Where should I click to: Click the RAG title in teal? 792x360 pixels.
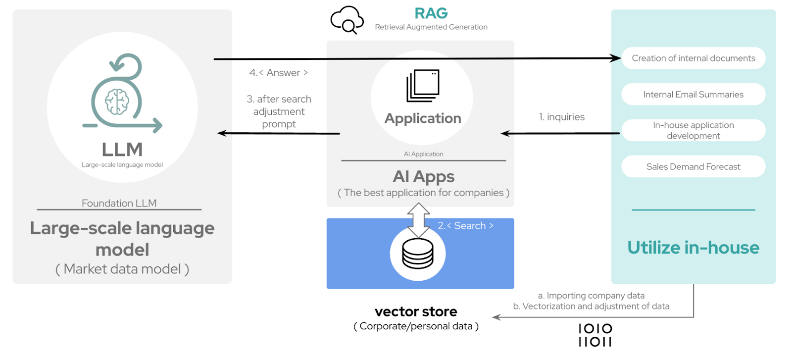431,13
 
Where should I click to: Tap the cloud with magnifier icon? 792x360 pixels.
346,20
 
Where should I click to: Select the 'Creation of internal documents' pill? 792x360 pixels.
693,58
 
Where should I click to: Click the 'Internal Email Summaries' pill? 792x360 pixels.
693,95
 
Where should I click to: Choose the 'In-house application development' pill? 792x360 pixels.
693,130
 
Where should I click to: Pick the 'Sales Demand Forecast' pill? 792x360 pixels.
693,167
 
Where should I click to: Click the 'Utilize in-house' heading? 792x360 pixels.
693,248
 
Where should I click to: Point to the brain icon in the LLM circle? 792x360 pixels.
117,102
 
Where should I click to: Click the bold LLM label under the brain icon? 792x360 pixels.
122,150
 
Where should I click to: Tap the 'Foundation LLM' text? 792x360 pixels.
119,203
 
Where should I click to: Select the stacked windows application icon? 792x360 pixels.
423,86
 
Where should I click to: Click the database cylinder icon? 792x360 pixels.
418,254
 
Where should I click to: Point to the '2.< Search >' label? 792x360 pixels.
465,226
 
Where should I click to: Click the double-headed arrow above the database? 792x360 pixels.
418,219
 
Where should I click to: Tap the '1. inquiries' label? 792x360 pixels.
561,117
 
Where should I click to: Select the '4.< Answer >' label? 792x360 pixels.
278,73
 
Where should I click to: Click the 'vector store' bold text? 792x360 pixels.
416,311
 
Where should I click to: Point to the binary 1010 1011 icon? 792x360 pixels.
595,335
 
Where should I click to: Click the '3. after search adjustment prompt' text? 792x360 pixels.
279,111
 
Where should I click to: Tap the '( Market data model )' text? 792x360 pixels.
122,269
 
